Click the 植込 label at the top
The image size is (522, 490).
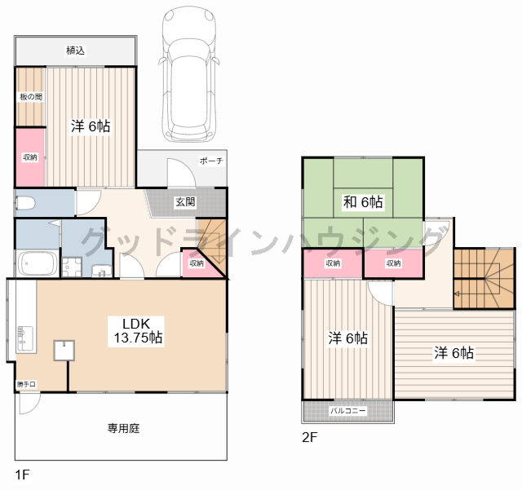pyautogui.click(x=75, y=51)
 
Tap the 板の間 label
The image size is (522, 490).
pyautogui.click(x=31, y=97)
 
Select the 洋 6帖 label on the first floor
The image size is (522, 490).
pyautogui.click(x=90, y=126)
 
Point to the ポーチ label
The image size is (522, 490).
pyautogui.click(x=211, y=161)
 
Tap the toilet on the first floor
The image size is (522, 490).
pyautogui.click(x=26, y=203)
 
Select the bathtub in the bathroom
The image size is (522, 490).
pyautogui.click(x=38, y=264)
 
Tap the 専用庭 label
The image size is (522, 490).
pyautogui.click(x=120, y=426)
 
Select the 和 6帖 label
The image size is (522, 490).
pyautogui.click(x=363, y=202)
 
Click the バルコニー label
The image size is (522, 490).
pyautogui.click(x=348, y=412)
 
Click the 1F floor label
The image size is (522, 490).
pyautogui.click(x=20, y=474)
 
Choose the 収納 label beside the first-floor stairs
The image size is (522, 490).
pyautogui.click(x=197, y=263)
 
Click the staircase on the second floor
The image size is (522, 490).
pyautogui.click(x=483, y=278)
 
